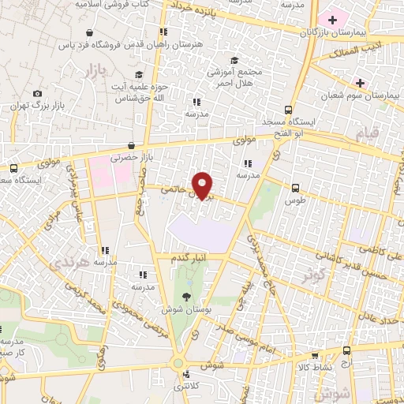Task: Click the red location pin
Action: (x=204, y=185)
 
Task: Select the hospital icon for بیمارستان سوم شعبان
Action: (x=361, y=82)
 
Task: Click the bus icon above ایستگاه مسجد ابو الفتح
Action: (x=290, y=110)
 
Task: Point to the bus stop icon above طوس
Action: (x=295, y=188)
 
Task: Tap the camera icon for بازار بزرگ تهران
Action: (x=37, y=93)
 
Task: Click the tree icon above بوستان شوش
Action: (x=186, y=296)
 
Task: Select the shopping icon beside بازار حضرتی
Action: (x=141, y=145)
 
